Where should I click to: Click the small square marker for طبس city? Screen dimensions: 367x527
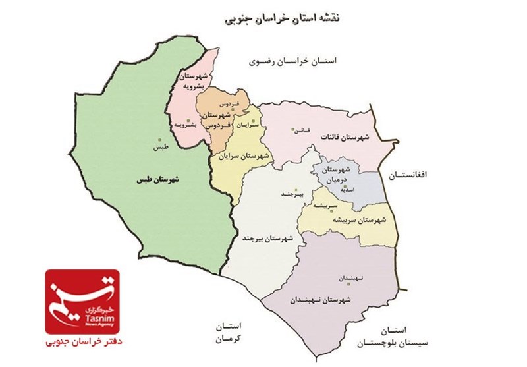click(159, 139)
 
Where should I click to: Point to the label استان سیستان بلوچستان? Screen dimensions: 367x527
click(388, 335)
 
